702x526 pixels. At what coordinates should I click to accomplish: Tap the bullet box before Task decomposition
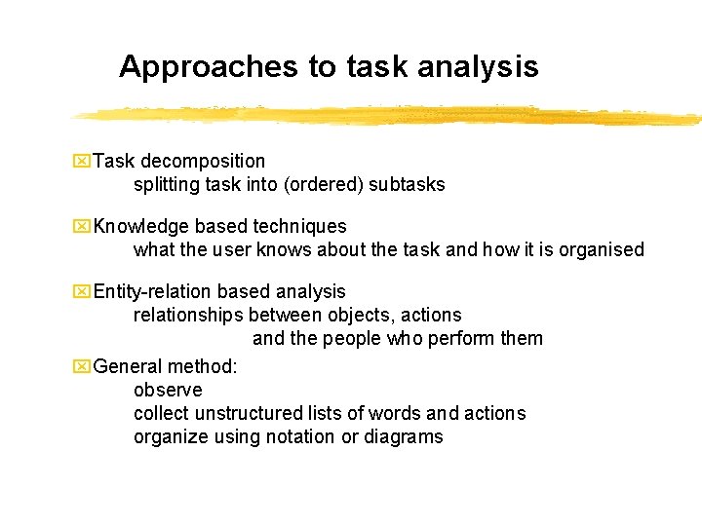click(x=82, y=161)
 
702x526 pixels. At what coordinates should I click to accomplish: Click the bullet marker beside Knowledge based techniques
click(x=82, y=227)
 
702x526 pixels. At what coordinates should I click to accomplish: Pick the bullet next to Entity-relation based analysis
click(x=82, y=291)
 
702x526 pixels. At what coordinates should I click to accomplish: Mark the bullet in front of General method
click(x=82, y=367)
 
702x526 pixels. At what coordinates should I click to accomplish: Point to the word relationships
click(x=188, y=315)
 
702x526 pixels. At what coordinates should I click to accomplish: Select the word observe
click(x=168, y=390)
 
